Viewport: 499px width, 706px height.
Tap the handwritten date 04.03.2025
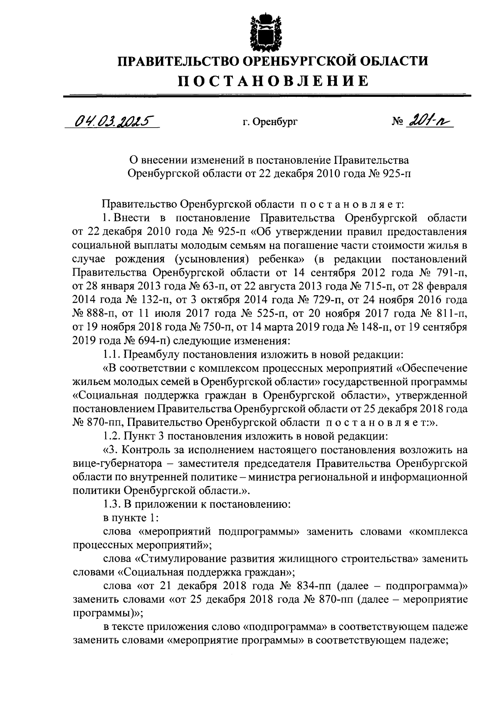(112, 121)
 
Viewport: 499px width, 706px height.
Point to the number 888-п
(96, 314)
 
